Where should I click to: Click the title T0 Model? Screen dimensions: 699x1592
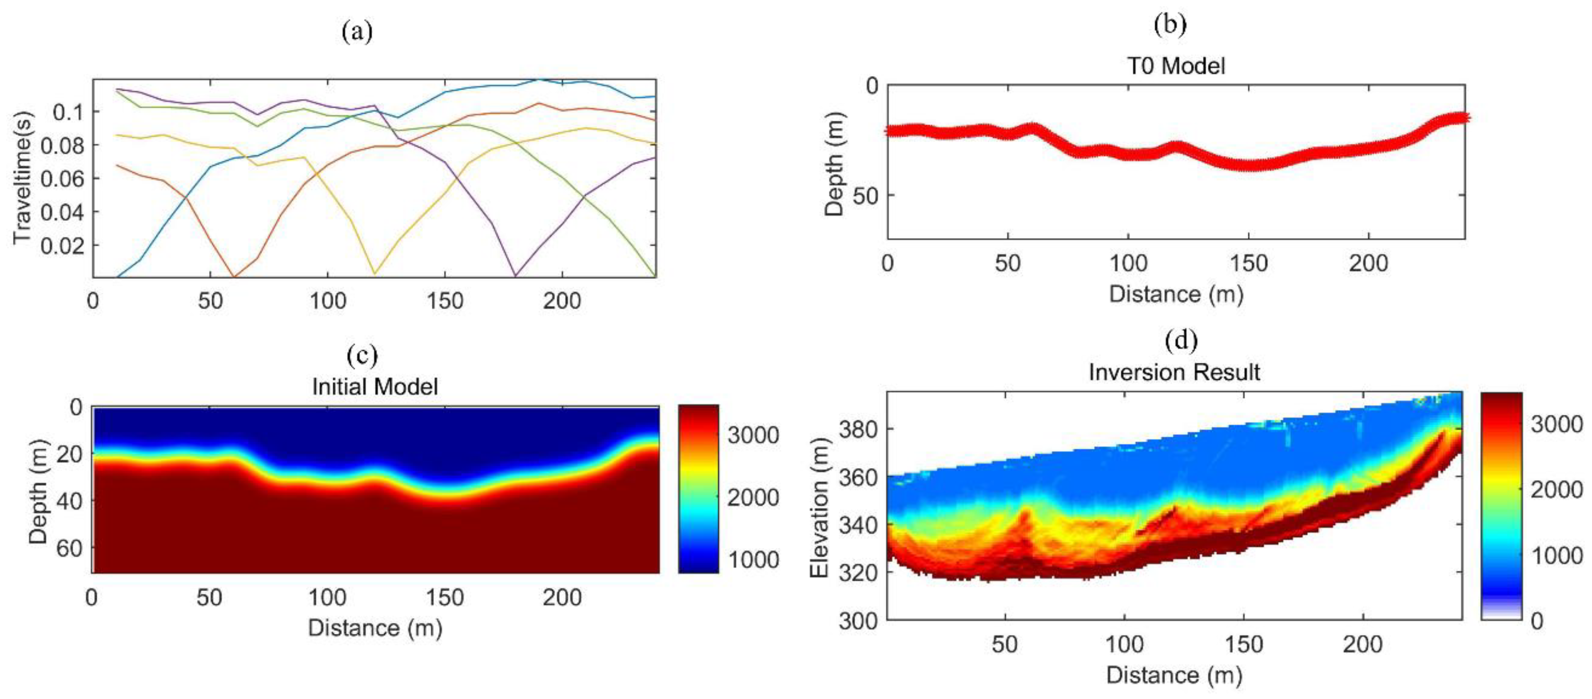point(1176,66)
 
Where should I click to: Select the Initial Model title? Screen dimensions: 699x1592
point(374,387)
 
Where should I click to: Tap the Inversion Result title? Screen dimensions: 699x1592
point(1174,372)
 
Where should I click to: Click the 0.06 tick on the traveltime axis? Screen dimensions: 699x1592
point(61,179)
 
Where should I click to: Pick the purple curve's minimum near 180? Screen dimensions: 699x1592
point(515,274)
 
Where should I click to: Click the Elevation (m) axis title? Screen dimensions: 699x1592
point(818,508)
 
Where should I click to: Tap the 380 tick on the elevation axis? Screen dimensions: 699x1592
point(858,429)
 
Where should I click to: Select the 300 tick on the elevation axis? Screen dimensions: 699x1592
point(858,620)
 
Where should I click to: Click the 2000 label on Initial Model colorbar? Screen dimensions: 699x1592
point(752,497)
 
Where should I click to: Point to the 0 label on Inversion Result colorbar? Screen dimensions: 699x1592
point(1537,620)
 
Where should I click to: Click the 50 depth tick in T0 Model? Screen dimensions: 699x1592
point(865,195)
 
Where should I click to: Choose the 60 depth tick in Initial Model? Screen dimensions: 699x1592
point(68,548)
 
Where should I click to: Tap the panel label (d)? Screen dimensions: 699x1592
point(1180,340)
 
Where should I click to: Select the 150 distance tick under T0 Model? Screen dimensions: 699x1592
point(1248,264)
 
